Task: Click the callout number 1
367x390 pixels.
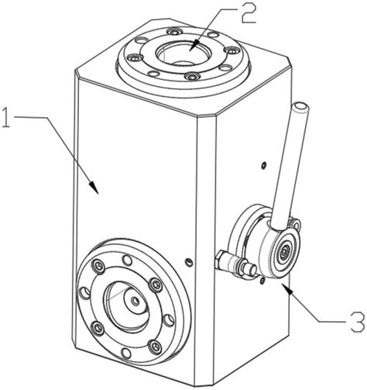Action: (5, 118)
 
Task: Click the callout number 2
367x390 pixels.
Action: (249, 12)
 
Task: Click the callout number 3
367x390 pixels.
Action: (358, 322)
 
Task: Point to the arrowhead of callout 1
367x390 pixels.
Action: (94, 187)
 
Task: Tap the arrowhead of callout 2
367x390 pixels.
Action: (193, 46)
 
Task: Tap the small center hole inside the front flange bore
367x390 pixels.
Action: (135, 301)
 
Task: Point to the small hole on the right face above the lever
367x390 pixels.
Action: (263, 165)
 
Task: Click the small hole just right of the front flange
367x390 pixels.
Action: (189, 263)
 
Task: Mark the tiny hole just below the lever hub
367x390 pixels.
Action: (262, 281)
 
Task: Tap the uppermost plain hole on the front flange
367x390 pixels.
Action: (126, 260)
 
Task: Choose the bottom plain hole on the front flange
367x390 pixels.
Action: (125, 354)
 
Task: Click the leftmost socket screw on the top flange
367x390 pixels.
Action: (135, 57)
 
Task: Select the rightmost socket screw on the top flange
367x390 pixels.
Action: (232, 50)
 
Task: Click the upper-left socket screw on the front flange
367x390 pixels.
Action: (99, 265)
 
